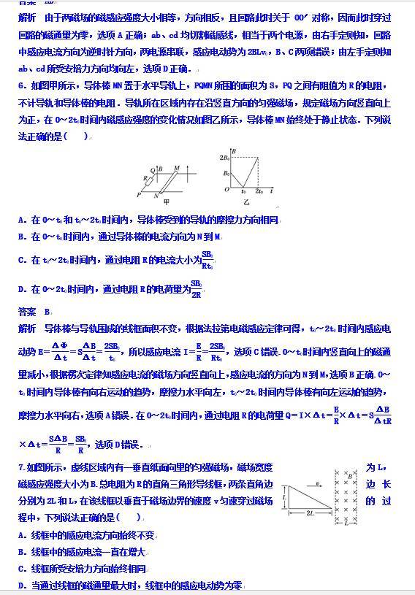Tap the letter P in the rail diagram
coord(137,195)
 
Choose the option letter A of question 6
coord(21,220)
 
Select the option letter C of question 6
coord(21,260)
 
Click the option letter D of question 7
coord(21,586)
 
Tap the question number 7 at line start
coord(20,467)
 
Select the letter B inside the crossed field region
coord(351,476)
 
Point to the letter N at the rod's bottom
coord(157,196)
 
